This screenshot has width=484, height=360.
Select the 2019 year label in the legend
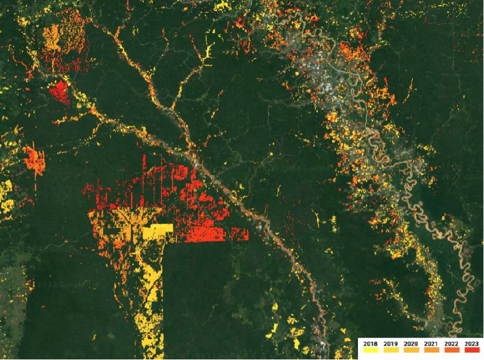point(391,343)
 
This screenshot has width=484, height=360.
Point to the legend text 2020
point(411,343)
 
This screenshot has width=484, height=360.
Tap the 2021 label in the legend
point(431,343)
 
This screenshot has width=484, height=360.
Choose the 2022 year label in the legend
point(451,343)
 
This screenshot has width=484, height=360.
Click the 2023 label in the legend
point(471,343)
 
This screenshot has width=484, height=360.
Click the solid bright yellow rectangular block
point(158,232)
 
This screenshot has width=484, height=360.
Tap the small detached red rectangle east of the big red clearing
point(239,234)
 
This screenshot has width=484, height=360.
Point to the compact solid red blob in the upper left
point(59,91)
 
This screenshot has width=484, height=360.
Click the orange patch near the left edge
point(35,160)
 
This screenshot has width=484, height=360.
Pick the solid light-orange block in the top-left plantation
point(51,38)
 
